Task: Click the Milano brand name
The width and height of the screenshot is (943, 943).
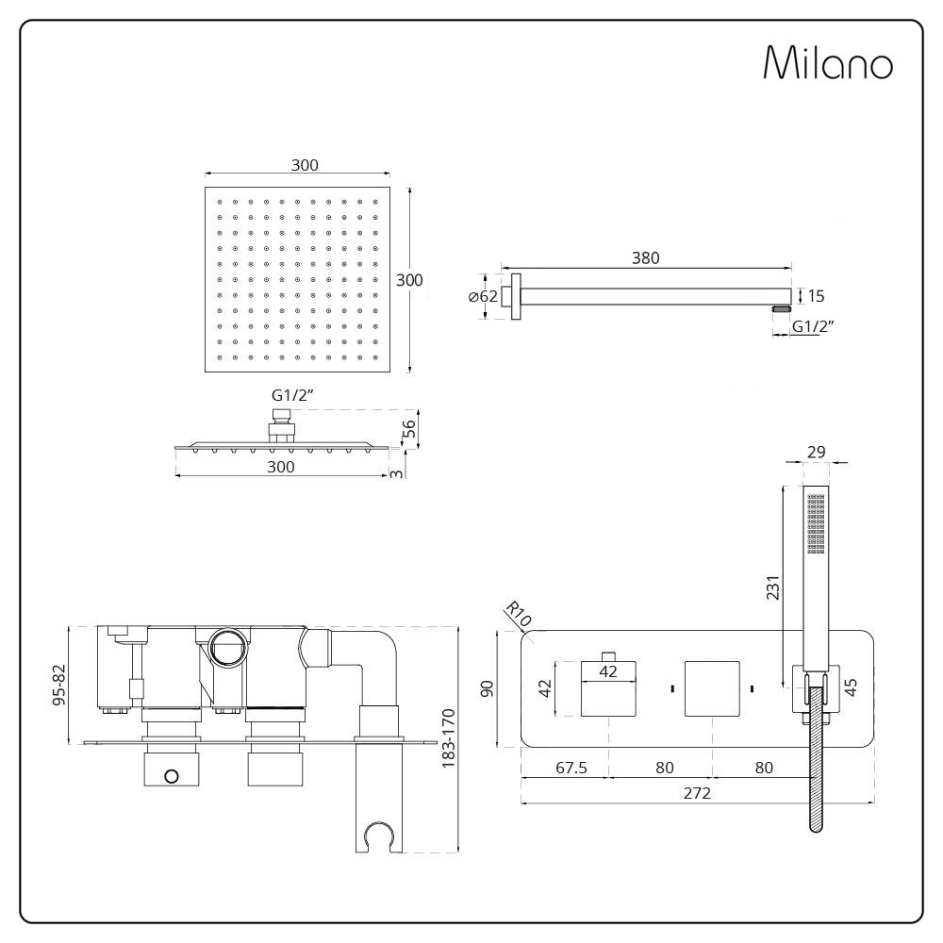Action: coord(827,63)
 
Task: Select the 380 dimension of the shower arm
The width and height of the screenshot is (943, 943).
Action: coord(646,257)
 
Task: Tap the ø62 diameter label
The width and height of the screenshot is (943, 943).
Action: coord(483,297)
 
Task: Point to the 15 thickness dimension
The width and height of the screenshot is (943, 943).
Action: coord(816,296)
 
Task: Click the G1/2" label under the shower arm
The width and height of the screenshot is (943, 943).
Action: coord(814,327)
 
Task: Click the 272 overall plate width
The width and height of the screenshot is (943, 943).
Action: coord(697,792)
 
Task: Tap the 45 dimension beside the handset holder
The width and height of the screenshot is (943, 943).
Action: coord(852,687)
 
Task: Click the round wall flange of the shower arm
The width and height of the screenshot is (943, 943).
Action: coord(515,296)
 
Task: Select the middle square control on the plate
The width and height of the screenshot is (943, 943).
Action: coord(712,688)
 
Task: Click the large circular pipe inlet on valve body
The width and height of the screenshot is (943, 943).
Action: coord(227,649)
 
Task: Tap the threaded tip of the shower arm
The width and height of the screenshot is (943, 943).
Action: coord(781,308)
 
